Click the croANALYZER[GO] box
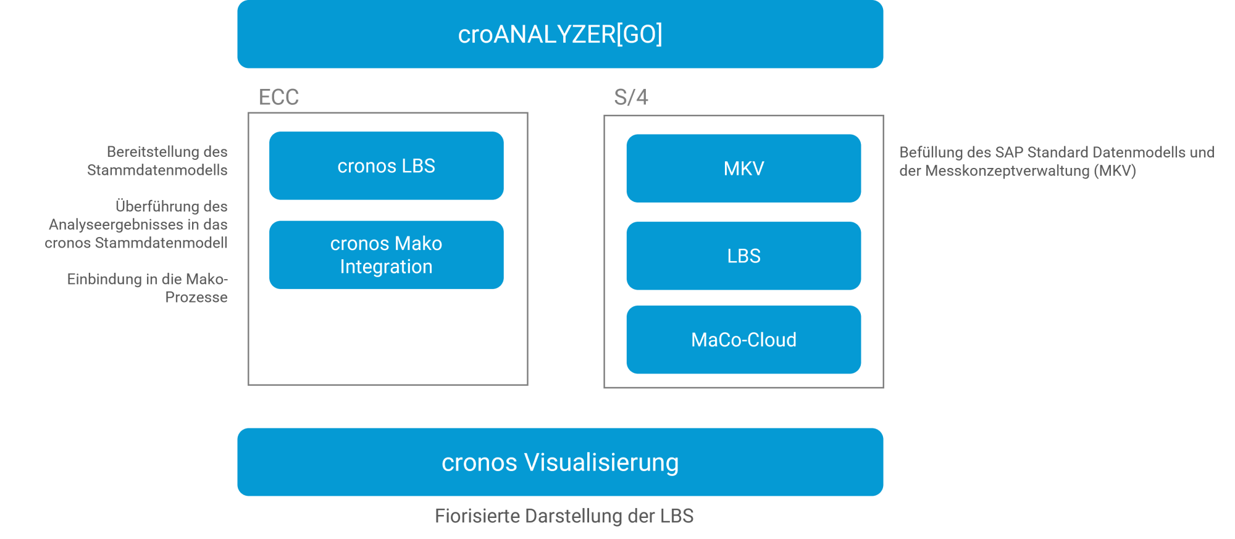(560, 34)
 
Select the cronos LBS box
(386, 165)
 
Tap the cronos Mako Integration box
(386, 255)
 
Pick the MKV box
(743, 168)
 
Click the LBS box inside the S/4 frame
(743, 256)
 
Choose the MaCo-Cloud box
(743, 340)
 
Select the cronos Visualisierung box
(560, 462)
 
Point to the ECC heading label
(278, 97)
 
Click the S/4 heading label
(630, 97)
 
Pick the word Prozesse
(196, 298)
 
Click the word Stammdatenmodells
(157, 170)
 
